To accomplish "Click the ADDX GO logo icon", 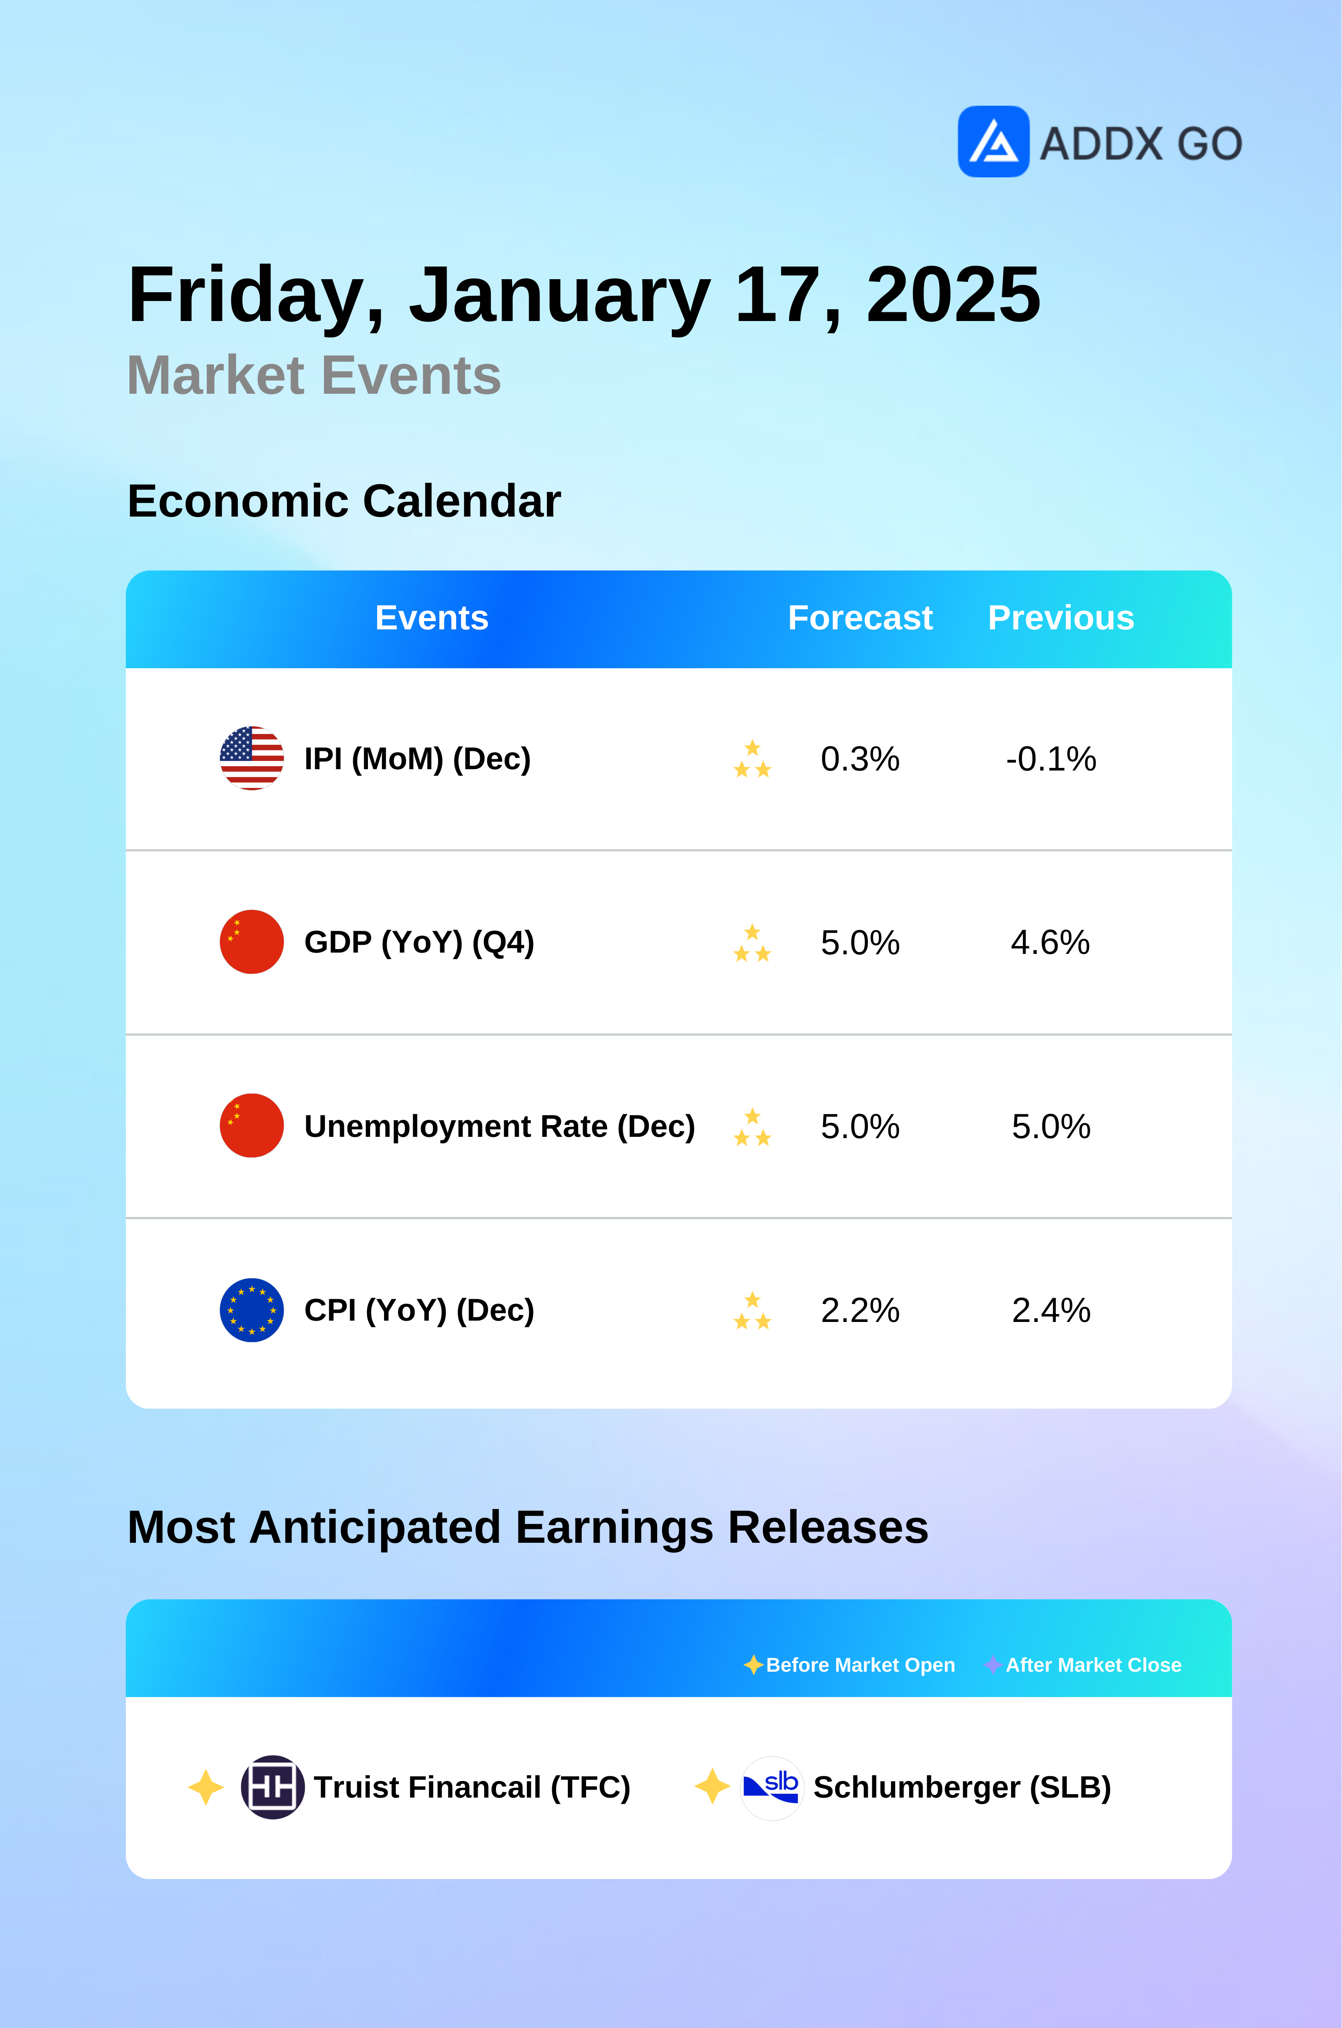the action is pos(993,141).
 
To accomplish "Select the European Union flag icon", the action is pos(252,1310).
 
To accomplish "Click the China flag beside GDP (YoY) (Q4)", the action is pos(252,942).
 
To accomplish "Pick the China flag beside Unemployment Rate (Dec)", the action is pos(252,1126).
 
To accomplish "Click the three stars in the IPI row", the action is pos(752,759).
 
